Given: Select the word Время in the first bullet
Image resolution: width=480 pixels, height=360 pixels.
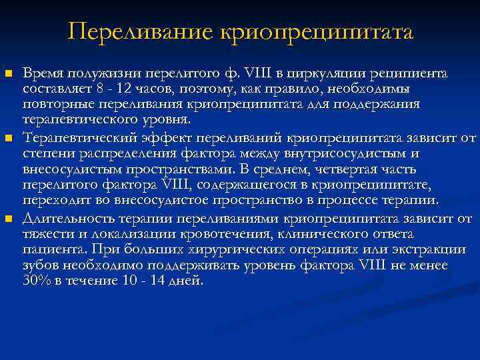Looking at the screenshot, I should pyautogui.click(x=41, y=73).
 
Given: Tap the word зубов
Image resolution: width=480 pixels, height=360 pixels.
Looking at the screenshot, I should pyautogui.click(x=39, y=265).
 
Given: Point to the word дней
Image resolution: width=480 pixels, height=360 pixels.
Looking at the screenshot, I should pyautogui.click(x=189, y=281).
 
